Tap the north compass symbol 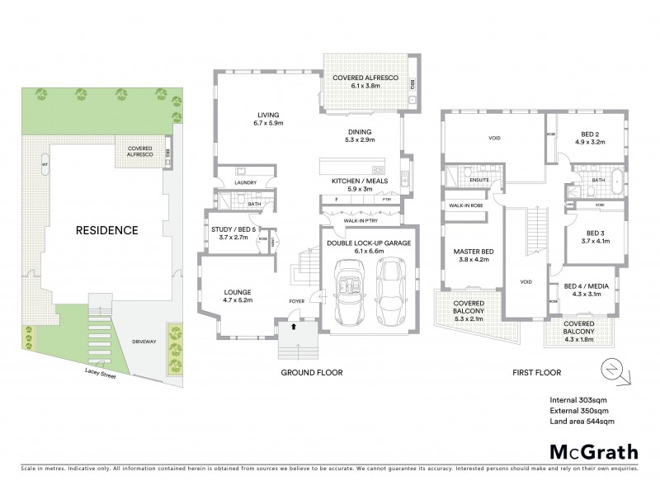pyautogui.click(x=614, y=369)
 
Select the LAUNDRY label pyautogui.click(x=245, y=182)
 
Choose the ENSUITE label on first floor pyautogui.click(x=479, y=178)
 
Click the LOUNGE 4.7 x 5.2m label pyautogui.click(x=238, y=295)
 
